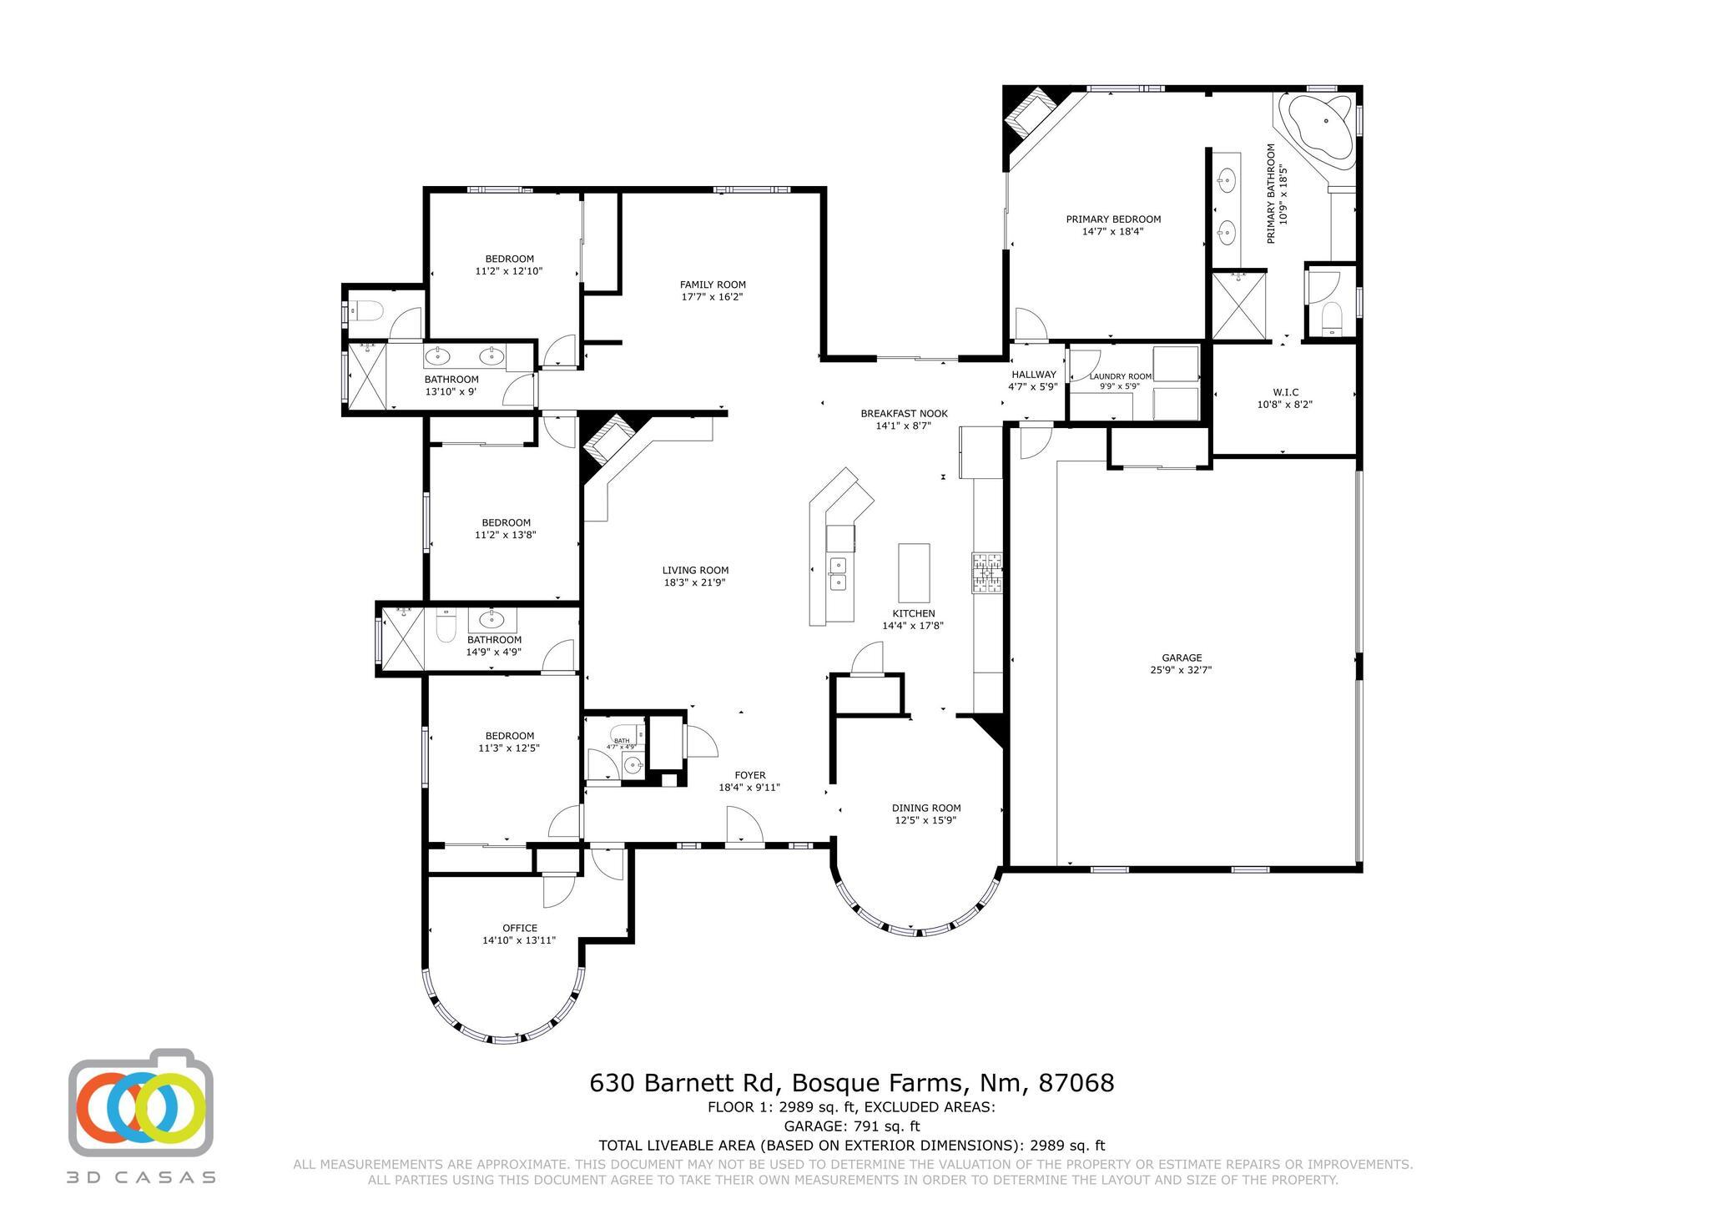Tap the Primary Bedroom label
coord(1113,219)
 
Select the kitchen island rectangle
coord(914,572)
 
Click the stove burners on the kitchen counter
coord(987,572)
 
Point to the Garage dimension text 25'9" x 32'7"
coord(1181,669)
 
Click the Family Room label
coord(713,285)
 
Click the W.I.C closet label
coord(1285,392)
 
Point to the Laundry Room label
coord(1120,376)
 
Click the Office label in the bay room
coord(519,928)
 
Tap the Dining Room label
coord(926,808)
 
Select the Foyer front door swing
coord(743,827)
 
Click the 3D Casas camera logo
coord(141,1104)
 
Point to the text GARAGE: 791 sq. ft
coord(851,1126)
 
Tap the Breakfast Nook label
coord(904,413)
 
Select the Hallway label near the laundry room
coord(1033,375)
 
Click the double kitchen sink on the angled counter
coord(837,574)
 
